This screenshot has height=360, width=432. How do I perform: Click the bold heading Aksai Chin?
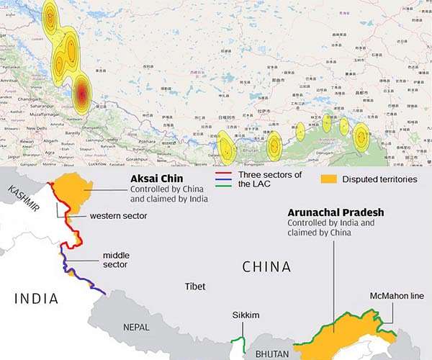(156, 178)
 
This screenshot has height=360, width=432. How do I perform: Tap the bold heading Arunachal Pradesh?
(336, 213)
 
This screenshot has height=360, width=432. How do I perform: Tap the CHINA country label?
(266, 267)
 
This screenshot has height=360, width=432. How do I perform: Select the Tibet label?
(195, 287)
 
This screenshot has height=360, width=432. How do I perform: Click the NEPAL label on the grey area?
(136, 326)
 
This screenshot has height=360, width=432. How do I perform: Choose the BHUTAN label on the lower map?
(272, 354)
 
